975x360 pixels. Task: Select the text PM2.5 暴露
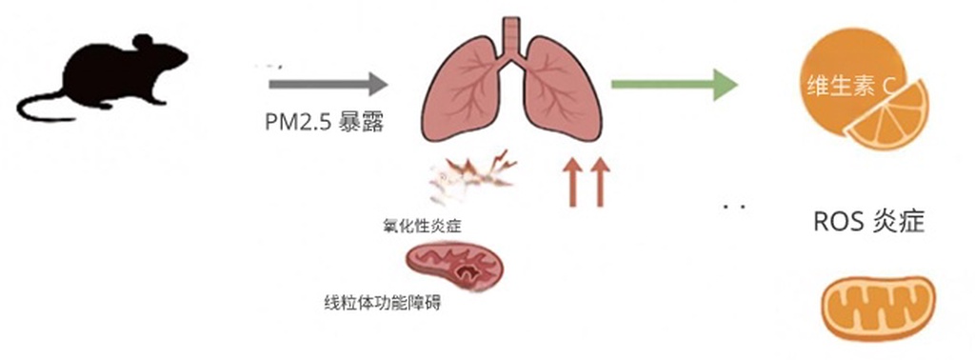tap(324, 124)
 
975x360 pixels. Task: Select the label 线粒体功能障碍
tap(382, 305)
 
